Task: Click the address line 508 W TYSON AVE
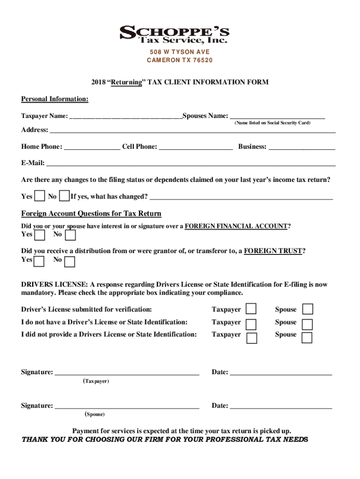click(180, 52)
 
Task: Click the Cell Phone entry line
click(196, 147)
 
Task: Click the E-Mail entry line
click(191, 164)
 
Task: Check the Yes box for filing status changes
click(40, 196)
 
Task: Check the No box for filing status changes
click(65, 196)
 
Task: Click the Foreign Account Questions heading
click(91, 214)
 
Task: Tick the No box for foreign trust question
click(69, 261)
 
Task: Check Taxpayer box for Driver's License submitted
click(252, 309)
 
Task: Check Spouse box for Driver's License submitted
click(308, 309)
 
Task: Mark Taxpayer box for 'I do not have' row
click(252, 324)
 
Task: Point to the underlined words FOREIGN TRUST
click(274, 251)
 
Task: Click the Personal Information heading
click(55, 99)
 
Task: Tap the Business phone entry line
click(302, 147)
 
